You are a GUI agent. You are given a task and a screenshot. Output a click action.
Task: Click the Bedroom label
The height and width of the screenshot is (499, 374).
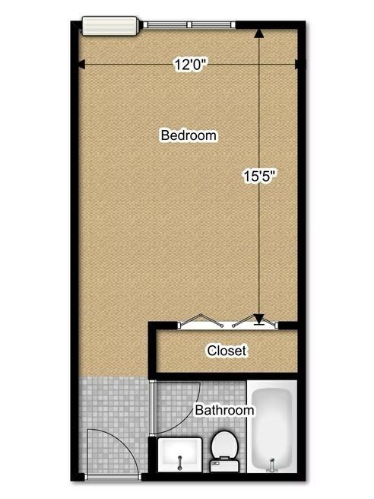tap(189, 135)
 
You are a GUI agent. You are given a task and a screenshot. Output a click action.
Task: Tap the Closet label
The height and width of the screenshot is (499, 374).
tap(227, 351)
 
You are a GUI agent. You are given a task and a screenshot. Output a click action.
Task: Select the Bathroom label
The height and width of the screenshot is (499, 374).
tap(224, 410)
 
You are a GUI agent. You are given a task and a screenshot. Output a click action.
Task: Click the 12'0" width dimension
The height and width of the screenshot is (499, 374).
tap(191, 65)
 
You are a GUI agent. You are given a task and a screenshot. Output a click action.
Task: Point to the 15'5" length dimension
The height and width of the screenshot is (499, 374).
tap(258, 176)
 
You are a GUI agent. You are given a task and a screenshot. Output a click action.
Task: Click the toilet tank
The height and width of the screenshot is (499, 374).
tap(224, 466)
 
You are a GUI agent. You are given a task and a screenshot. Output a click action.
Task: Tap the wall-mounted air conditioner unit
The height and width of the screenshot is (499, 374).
tap(110, 26)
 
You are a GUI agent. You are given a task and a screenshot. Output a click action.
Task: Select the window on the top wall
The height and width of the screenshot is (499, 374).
tap(189, 25)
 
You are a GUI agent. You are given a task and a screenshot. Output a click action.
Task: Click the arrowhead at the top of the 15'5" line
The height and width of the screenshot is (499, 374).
tap(259, 33)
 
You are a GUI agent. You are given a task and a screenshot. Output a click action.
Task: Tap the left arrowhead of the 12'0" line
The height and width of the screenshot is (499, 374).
tap(81, 65)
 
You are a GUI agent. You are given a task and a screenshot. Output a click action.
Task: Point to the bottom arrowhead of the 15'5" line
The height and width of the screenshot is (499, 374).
tap(259, 319)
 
